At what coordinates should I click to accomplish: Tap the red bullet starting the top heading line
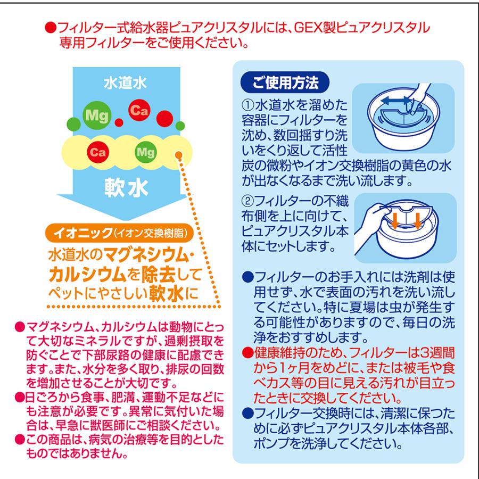click(48, 28)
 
